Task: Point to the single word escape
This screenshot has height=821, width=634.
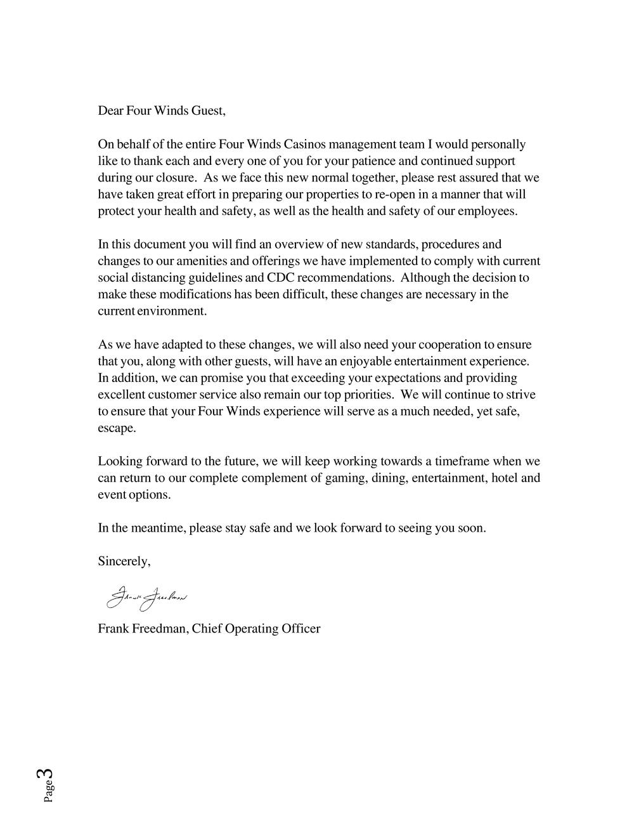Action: coord(117,428)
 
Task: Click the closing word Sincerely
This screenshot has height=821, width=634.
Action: coord(124,562)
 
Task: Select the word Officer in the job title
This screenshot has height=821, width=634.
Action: coord(301,629)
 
